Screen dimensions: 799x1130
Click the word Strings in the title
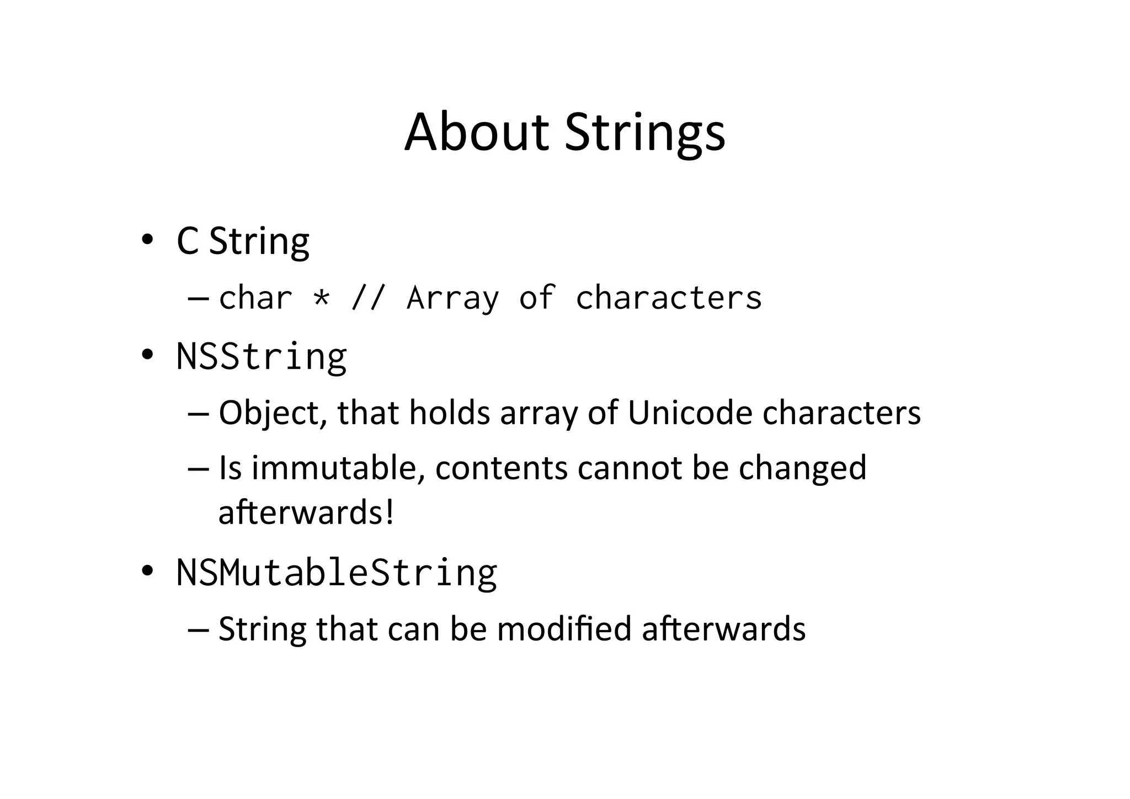644,133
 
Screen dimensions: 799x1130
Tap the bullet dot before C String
147,240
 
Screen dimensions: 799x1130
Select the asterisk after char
321,298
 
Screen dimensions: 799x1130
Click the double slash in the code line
367,298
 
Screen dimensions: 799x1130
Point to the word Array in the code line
452,298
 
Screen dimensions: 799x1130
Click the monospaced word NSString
262,356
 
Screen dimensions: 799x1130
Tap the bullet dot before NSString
147,355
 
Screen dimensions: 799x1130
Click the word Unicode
690,413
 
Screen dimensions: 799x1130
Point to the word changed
802,468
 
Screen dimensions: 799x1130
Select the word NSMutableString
337,573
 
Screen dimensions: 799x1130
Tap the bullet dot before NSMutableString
147,572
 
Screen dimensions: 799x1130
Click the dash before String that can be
198,630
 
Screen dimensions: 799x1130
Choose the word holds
449,413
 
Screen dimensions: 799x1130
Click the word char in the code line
255,298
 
